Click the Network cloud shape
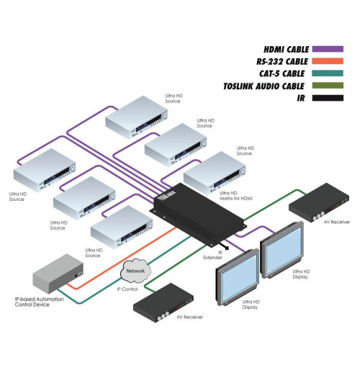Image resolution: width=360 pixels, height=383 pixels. point(135,271)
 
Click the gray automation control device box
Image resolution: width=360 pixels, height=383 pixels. point(58,272)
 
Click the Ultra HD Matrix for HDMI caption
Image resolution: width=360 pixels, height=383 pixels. point(235,197)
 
